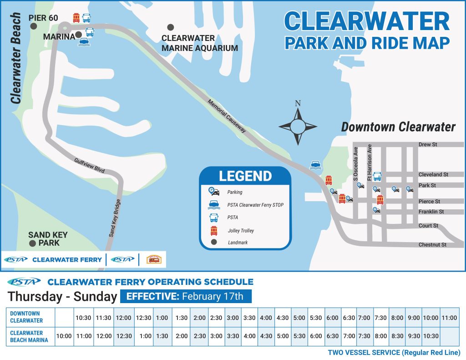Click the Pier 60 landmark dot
33,26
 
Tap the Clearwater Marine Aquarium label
200,43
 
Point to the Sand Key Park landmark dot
32,243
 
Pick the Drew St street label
428,145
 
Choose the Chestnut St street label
432,245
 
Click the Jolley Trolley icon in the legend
213,230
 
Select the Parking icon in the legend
212,192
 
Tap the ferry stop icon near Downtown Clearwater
314,165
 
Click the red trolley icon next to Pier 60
76,18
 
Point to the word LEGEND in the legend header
245,176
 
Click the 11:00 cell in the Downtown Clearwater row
449,318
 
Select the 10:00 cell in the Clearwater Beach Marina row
64,336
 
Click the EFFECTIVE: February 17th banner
185,297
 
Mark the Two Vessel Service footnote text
394,353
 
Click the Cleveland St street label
433,174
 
